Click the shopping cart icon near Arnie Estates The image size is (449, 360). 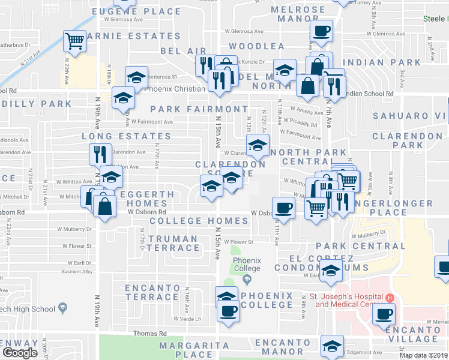[x=75, y=41]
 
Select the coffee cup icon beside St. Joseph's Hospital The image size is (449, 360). [x=383, y=313]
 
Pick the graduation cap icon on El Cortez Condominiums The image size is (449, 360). [x=330, y=271]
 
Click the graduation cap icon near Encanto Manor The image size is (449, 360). [x=331, y=346]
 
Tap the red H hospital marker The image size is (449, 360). [x=389, y=298]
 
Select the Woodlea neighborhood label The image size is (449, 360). [x=256, y=46]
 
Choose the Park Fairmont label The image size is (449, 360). [x=199, y=109]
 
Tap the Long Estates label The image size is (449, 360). [x=127, y=136]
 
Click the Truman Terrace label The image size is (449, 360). [x=173, y=243]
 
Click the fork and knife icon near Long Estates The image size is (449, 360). [x=100, y=154]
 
